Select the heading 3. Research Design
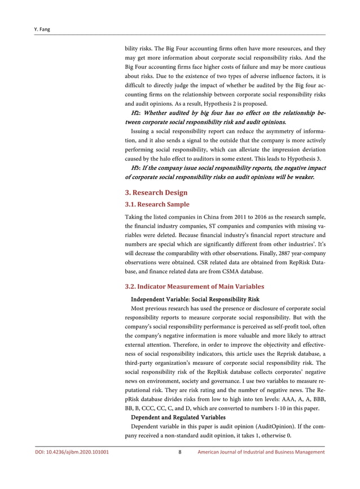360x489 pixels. click(x=156, y=193)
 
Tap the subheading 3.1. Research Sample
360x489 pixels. click(x=157, y=204)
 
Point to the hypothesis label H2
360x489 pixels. click(x=135, y=113)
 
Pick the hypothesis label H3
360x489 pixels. click(x=135, y=168)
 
